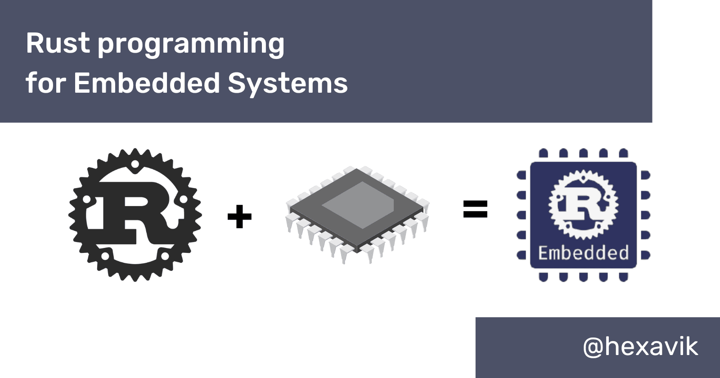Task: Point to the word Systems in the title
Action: coord(288,84)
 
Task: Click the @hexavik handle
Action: coord(640,346)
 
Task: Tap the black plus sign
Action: coord(239,217)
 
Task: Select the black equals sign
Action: coord(475,209)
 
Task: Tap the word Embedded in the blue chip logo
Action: coord(583,253)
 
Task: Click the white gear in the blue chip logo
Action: coord(583,205)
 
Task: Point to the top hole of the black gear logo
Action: coord(135,166)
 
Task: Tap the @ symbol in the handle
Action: coord(593,347)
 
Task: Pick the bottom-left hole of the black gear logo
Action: coord(105,256)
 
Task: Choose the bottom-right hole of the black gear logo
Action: coord(165,256)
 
